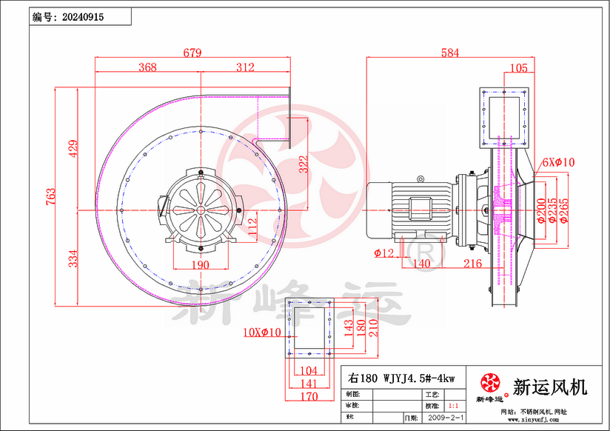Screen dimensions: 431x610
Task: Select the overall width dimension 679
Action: click(x=192, y=53)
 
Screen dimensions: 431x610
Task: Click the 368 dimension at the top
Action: click(x=147, y=67)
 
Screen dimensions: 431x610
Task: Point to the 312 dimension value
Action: click(x=245, y=67)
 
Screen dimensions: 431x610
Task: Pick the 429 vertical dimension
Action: click(x=72, y=149)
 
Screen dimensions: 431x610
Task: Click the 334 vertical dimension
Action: click(x=72, y=258)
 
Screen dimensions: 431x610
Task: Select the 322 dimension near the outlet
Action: click(x=304, y=164)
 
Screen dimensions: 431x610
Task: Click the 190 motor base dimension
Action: click(x=201, y=265)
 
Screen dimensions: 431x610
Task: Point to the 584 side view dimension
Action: click(x=449, y=53)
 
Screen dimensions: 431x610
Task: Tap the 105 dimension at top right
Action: click(x=518, y=68)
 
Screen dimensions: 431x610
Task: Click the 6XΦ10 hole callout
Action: click(x=558, y=162)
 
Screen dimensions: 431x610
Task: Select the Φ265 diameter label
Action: click(x=564, y=210)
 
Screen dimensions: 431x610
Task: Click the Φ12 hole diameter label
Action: click(x=384, y=253)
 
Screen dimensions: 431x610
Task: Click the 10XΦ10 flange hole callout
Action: click(x=262, y=333)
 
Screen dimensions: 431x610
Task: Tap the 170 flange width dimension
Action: click(x=309, y=396)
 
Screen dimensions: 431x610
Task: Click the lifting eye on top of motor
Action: click(x=421, y=178)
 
